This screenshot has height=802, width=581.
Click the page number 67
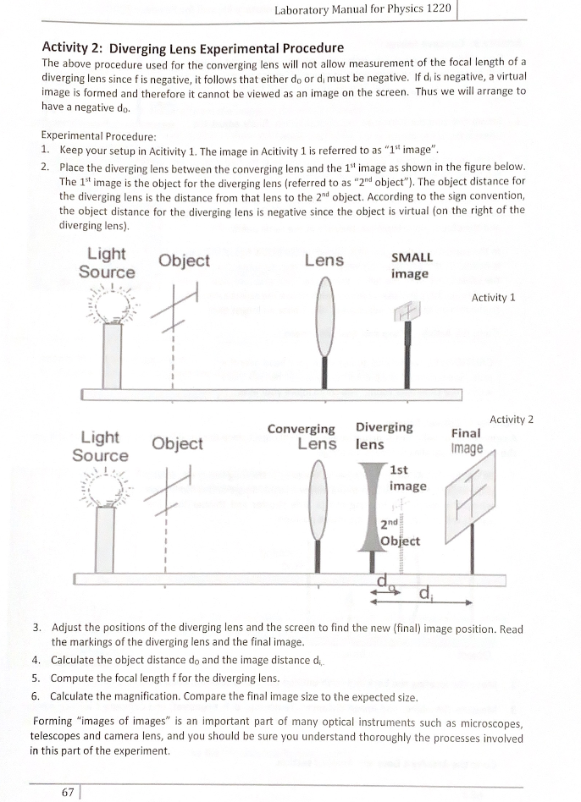(x=68, y=791)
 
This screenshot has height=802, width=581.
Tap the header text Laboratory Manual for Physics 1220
(x=363, y=10)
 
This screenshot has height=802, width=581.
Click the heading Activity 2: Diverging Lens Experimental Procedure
(x=192, y=47)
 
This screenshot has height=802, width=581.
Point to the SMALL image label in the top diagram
(x=410, y=266)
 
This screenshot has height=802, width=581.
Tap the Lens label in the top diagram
(x=324, y=261)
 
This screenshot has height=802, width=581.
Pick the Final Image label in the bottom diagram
(x=467, y=440)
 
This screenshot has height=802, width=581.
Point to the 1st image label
(x=407, y=478)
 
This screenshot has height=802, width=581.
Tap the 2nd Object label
(x=395, y=532)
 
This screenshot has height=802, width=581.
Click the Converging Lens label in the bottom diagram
(x=302, y=437)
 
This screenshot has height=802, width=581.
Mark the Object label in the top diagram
(x=184, y=261)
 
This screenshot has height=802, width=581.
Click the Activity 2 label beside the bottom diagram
(x=512, y=420)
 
